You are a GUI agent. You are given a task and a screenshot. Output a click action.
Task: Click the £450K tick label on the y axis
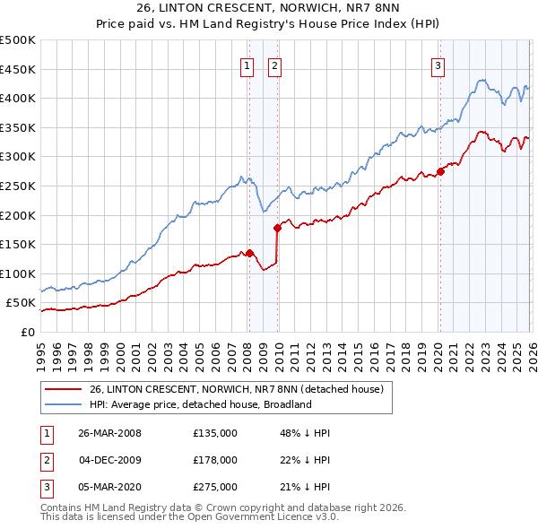(18, 69)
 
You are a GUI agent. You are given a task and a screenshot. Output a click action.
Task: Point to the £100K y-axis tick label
(18, 273)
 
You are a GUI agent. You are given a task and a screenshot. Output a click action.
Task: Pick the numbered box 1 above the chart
(246, 65)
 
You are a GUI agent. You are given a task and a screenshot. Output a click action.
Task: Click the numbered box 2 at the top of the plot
(273, 65)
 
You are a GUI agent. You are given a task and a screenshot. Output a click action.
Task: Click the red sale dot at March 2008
(250, 253)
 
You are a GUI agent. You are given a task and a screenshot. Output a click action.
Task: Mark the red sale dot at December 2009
(277, 228)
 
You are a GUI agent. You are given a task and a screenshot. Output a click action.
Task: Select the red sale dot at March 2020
(440, 171)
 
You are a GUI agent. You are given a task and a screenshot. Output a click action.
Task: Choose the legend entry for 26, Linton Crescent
(237, 389)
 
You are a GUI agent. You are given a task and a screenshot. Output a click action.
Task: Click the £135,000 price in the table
(214, 433)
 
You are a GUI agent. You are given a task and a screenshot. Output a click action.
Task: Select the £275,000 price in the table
(214, 487)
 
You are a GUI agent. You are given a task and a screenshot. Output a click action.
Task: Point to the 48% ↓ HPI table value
(305, 433)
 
